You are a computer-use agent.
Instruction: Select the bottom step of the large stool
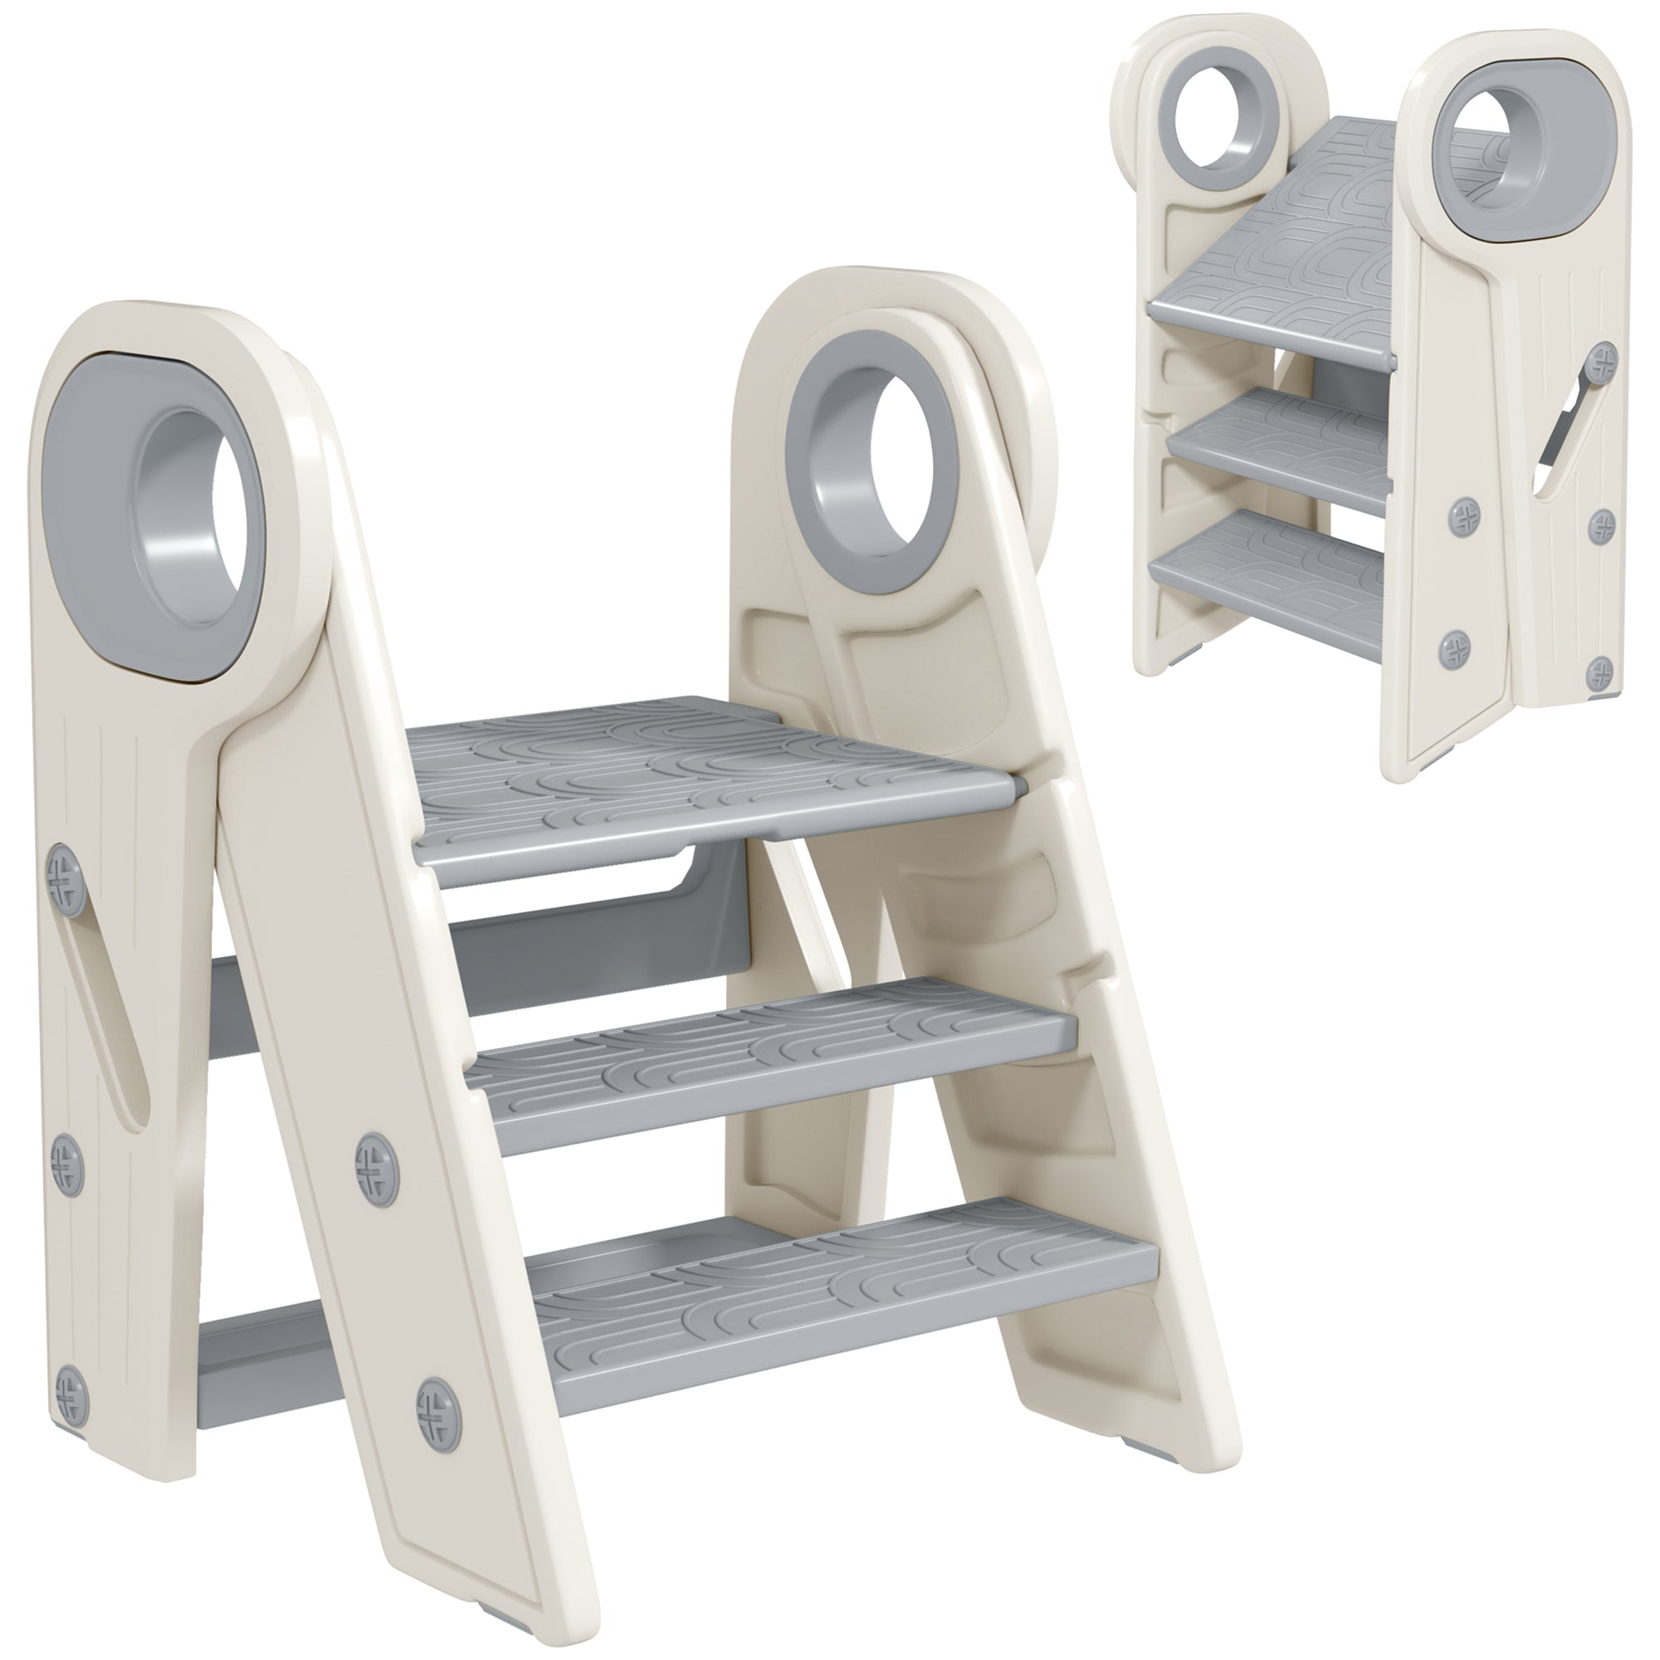click(825, 1297)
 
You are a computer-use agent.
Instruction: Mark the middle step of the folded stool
click(1272, 451)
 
